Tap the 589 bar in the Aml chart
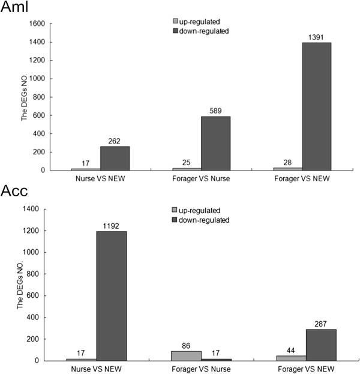pos(215,143)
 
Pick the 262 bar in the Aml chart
pos(115,158)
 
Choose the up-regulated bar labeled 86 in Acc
pos(186,355)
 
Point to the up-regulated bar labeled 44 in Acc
pos(287,358)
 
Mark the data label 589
pos(215,111)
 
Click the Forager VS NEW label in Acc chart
pos(302,369)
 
